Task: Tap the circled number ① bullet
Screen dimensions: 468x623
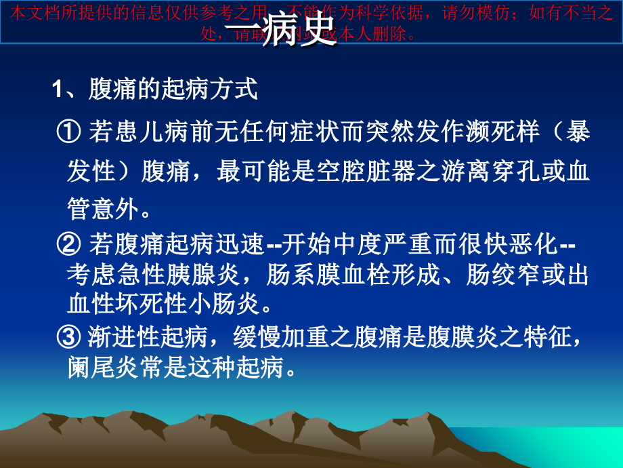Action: point(70,131)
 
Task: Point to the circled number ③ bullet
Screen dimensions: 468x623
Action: point(70,336)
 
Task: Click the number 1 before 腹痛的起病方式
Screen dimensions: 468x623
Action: point(58,90)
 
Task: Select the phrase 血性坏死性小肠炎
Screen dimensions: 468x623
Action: point(163,305)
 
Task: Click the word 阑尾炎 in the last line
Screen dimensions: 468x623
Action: point(104,367)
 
